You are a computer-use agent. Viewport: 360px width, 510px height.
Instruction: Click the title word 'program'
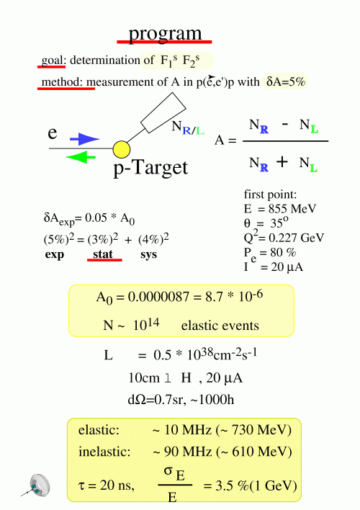(x=165, y=34)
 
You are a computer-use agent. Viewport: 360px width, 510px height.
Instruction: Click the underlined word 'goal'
(x=52, y=61)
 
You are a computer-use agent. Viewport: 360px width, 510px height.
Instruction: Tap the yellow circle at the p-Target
(x=122, y=149)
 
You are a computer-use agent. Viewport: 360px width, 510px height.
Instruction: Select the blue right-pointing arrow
(x=84, y=139)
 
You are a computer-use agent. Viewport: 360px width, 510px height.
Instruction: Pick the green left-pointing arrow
(x=81, y=158)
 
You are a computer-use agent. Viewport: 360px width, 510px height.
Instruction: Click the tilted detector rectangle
(x=163, y=112)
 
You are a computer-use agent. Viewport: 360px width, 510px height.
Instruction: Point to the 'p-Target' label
(x=150, y=168)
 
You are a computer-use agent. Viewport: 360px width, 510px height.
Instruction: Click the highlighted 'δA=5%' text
(x=286, y=81)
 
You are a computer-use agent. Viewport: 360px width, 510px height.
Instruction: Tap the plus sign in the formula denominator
(x=282, y=161)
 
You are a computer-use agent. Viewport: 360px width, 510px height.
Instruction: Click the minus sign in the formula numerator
(x=285, y=124)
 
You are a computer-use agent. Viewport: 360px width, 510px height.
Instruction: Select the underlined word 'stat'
(x=103, y=254)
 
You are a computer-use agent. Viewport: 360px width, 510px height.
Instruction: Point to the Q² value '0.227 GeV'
(x=296, y=238)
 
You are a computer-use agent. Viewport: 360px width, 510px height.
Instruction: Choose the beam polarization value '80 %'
(x=282, y=252)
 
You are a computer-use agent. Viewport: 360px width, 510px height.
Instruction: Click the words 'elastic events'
(x=220, y=326)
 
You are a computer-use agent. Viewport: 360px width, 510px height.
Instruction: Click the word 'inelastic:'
(x=104, y=452)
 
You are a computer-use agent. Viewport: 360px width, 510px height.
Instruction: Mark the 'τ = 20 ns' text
(x=107, y=486)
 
